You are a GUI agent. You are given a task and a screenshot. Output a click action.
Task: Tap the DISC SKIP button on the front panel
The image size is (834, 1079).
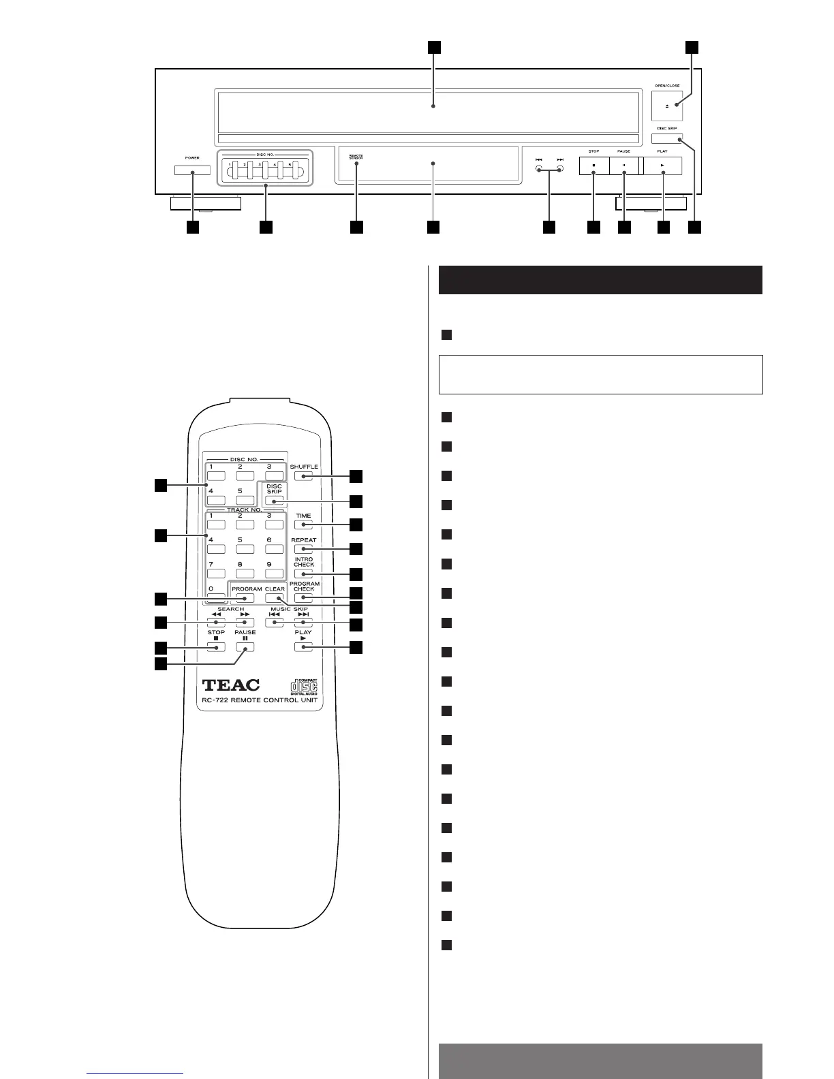point(667,139)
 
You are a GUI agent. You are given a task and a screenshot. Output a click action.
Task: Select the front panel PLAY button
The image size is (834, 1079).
point(662,166)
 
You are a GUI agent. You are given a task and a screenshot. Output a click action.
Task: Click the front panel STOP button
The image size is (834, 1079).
point(593,166)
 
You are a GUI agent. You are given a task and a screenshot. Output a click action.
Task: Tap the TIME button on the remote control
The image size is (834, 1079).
point(303,525)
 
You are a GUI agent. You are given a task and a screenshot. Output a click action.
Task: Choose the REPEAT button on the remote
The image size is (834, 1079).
point(303,549)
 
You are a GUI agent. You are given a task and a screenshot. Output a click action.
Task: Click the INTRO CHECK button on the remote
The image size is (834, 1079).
point(303,574)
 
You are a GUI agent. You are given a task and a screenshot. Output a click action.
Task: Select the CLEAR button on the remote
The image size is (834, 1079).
point(275,597)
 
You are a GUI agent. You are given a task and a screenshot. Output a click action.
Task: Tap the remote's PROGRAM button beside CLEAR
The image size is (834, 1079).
point(245,597)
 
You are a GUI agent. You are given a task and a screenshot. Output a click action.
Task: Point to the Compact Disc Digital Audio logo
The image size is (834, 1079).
point(303,683)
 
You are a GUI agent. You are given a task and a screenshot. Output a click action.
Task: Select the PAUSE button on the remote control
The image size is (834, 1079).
point(245,646)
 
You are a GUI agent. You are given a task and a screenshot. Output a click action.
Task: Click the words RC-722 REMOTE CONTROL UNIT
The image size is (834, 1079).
point(260,700)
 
